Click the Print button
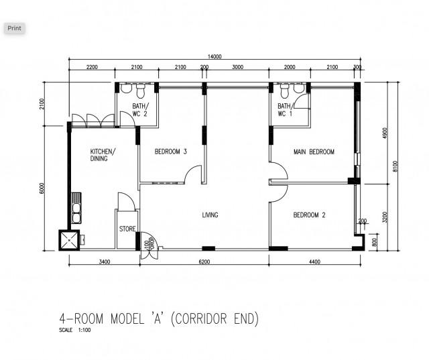14,28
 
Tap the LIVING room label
210,215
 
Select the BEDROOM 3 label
170,152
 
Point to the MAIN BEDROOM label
314,152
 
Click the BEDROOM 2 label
309,215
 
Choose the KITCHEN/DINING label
103,155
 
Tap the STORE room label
127,229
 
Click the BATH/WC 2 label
140,110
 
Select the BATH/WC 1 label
285,110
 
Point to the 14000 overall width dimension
214,57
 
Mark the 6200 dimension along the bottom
204,261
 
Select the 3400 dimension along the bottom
104,261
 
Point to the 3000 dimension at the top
238,67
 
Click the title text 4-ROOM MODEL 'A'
158,318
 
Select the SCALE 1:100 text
74,330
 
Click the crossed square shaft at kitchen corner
69,239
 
